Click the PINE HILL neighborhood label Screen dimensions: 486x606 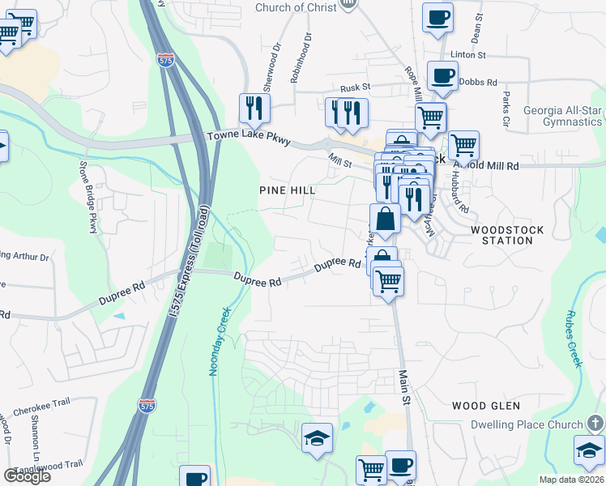point(286,190)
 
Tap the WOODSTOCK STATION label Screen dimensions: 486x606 point(507,236)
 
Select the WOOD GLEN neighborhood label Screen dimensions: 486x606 point(485,405)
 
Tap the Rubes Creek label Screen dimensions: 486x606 point(574,339)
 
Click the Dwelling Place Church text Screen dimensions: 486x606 point(527,424)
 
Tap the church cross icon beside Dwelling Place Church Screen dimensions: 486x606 point(595,424)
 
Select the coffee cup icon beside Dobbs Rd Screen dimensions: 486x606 point(442,76)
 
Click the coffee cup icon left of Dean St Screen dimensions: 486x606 point(437,17)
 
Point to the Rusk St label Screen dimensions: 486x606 point(355,87)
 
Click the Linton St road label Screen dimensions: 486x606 point(467,55)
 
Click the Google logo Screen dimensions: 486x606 point(27,476)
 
